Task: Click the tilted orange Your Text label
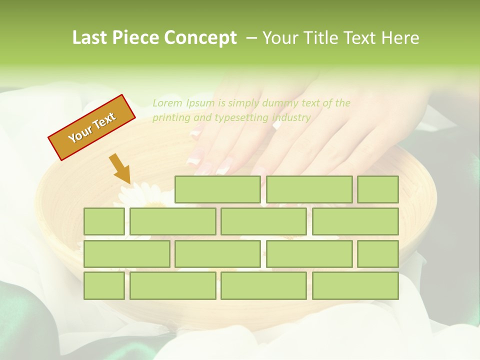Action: (92, 127)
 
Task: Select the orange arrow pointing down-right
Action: (120, 168)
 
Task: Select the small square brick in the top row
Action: (378, 189)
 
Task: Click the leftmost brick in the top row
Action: (217, 189)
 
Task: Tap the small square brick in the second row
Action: (104, 221)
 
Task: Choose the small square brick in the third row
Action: (378, 253)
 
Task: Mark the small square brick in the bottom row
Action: (104, 285)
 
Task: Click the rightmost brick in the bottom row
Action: (355, 285)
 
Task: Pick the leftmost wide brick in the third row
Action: (126, 253)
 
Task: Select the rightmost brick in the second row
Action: (355, 221)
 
